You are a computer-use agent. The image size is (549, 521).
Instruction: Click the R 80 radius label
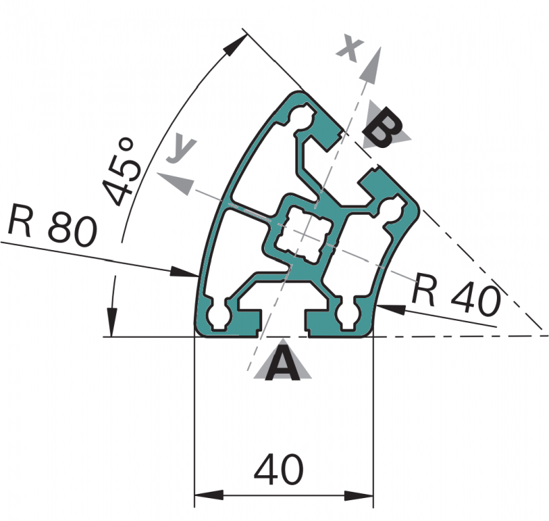tap(52, 226)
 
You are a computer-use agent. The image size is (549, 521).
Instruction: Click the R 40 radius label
tap(457, 295)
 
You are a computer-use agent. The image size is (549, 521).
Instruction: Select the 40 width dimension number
tap(279, 469)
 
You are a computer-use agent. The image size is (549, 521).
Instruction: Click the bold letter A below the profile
tap(282, 363)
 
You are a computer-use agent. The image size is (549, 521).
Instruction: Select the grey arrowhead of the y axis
tap(175, 182)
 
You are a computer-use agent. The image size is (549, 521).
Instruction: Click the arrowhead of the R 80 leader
tap(184, 272)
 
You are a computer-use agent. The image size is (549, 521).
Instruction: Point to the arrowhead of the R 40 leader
tap(391, 308)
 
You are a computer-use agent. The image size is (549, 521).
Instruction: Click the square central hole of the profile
tap(302, 235)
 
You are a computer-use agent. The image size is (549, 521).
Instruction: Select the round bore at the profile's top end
tap(302, 117)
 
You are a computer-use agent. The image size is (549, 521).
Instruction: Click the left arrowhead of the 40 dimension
tap(208, 495)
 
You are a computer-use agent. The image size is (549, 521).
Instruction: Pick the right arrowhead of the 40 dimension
tap(359, 495)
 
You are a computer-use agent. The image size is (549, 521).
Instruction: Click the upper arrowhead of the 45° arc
tap(233, 44)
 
